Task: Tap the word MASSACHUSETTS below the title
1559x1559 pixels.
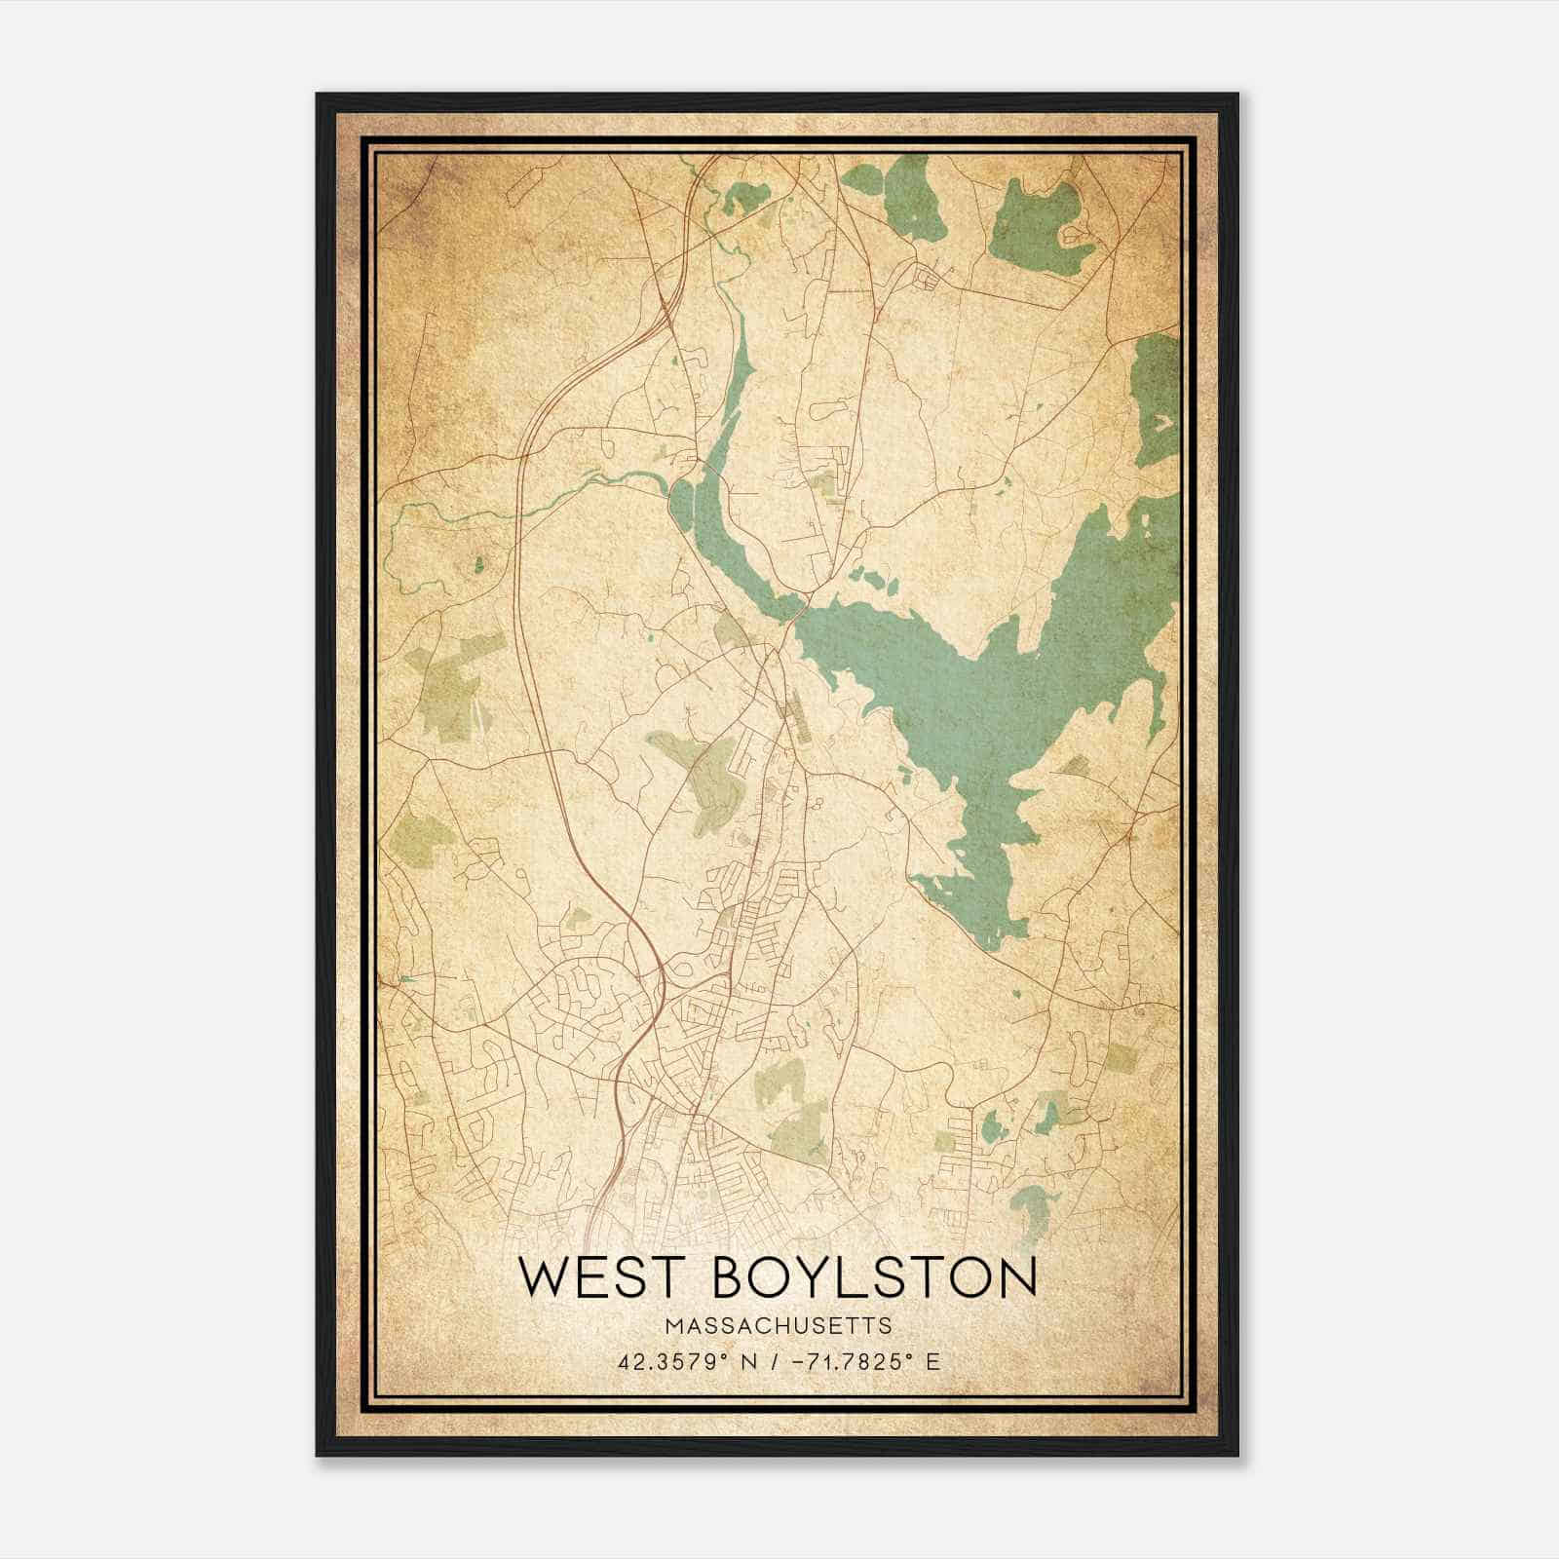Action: tap(779, 1325)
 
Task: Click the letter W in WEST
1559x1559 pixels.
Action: tap(543, 1276)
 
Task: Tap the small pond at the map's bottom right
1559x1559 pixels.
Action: tap(1029, 1208)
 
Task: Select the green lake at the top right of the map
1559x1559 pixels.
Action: tap(1033, 224)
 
